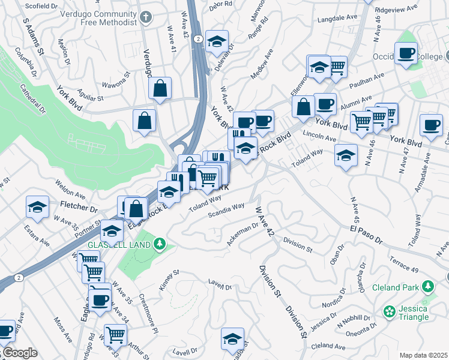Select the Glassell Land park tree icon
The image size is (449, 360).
[x=159, y=243]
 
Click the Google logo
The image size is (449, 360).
[x=19, y=353]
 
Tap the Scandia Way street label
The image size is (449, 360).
[x=226, y=209]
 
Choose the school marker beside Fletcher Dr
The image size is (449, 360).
[x=38, y=207]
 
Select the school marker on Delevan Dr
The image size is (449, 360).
[x=217, y=41]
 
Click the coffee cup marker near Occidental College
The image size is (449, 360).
[x=406, y=53]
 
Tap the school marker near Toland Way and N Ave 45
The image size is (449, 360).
[x=346, y=156]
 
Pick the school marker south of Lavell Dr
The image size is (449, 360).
[x=232, y=338]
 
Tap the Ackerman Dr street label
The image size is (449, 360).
[x=243, y=234]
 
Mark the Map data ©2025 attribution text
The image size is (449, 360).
[x=423, y=355]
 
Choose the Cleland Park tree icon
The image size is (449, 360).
[x=428, y=286]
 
